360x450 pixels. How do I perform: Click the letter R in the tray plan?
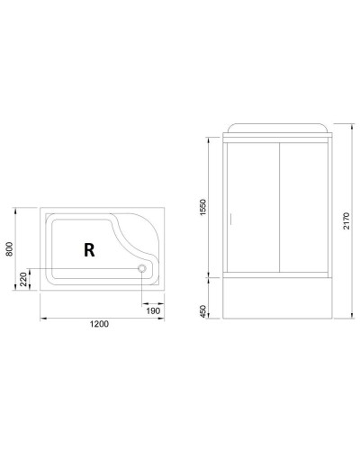(x=88, y=251)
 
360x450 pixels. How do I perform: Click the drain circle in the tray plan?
(x=141, y=267)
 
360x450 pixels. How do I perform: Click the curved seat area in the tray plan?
(x=144, y=238)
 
